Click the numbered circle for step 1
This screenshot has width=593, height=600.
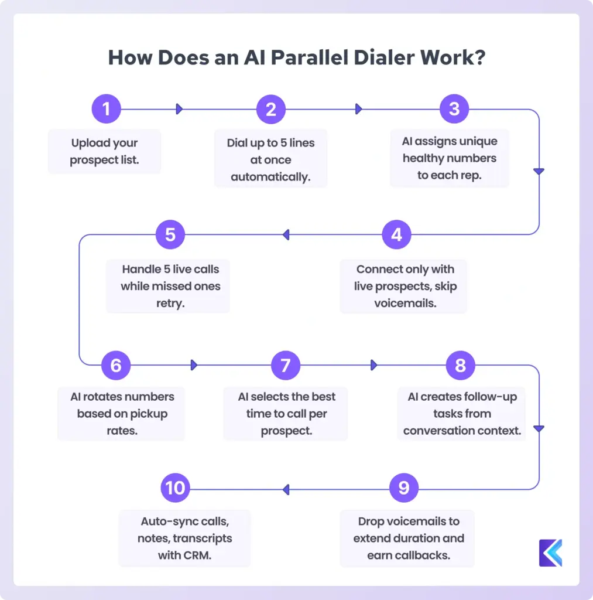pos(106,109)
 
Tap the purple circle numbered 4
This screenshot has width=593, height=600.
pos(397,235)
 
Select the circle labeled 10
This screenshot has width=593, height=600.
pos(175,487)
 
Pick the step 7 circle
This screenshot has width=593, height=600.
pos(286,365)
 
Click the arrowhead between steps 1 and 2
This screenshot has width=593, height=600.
pos(180,109)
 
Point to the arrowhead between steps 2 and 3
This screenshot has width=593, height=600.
pos(359,109)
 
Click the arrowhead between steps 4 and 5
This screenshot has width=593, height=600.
pos(286,235)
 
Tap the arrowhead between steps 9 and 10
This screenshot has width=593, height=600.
pos(286,488)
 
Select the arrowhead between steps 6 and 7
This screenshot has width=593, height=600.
pos(194,365)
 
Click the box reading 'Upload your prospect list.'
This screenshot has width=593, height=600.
pos(104,151)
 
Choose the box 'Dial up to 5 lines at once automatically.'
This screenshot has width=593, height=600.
pos(270,159)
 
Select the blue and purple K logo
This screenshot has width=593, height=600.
pos(550,553)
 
